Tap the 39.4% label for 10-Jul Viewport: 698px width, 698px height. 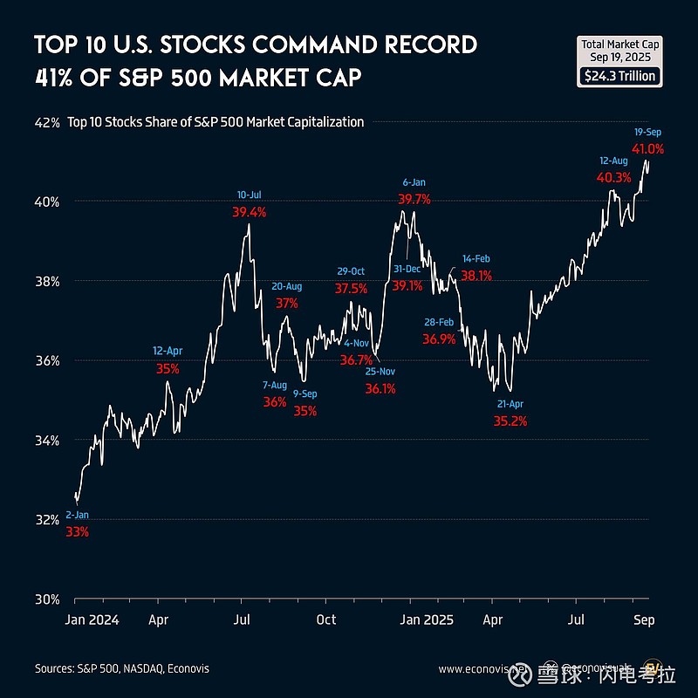click(250, 212)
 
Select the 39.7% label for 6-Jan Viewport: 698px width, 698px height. click(414, 200)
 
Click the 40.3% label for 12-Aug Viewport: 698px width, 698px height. click(613, 178)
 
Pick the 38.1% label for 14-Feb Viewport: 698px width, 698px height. click(476, 275)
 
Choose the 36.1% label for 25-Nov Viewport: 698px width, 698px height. click(380, 388)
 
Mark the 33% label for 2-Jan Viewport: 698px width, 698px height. click(77, 531)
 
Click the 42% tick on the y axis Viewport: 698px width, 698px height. click(46, 123)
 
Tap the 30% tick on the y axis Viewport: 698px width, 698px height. click(46, 599)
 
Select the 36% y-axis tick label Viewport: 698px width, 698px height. click(46, 361)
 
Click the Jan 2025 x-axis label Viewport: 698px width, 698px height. click(425, 620)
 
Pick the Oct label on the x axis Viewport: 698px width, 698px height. click(325, 620)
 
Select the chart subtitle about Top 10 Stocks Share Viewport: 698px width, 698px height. click(216, 122)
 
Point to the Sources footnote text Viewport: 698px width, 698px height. click(122, 669)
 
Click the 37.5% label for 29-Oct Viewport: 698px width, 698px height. click(351, 288)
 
